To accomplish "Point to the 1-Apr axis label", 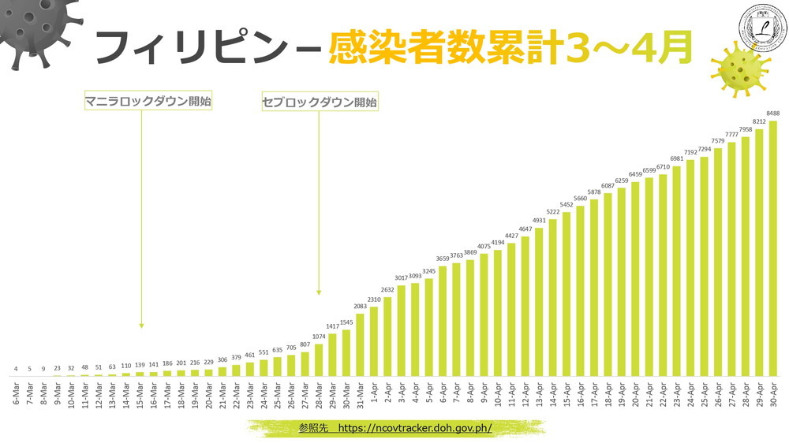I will (x=375, y=393).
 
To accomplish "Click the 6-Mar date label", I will (x=17, y=393).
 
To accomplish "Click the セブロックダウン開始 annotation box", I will (x=320, y=102).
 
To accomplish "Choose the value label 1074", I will (x=319, y=337).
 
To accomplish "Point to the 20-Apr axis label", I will (x=635, y=393).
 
